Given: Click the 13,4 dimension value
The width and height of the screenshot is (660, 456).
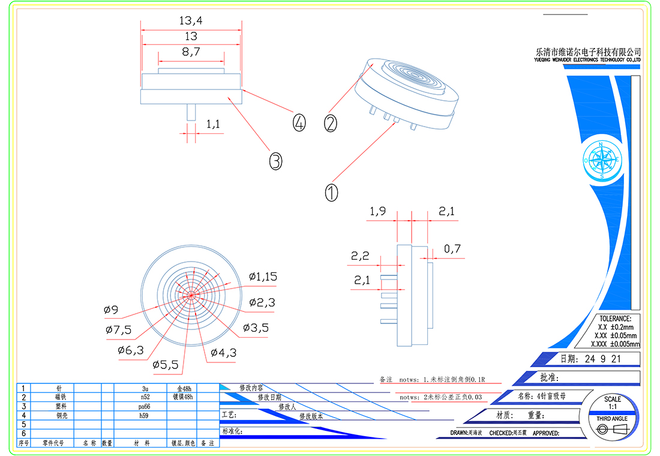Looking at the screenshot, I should tap(191, 20).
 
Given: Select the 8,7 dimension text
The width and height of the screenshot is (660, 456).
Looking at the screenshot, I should tap(190, 53).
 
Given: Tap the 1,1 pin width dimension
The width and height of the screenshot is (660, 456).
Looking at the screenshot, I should tap(214, 124).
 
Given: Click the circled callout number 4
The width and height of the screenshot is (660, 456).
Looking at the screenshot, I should tap(299, 122).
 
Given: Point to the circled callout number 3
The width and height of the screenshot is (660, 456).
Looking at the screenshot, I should tap(275, 161).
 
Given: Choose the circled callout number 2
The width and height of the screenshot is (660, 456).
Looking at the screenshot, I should tap(331, 123).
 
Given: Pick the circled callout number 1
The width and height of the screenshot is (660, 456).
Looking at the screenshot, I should tap(331, 193).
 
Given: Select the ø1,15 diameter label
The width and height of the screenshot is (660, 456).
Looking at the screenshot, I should tap(263, 277).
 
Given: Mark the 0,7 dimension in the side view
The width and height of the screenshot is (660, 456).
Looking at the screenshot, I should tap(452, 249).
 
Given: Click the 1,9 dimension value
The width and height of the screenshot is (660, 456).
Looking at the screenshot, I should tap(378, 211).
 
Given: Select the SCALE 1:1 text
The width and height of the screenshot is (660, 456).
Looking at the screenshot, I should tap(613, 403).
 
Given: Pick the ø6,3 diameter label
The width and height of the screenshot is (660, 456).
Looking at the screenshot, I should tap(131, 350).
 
